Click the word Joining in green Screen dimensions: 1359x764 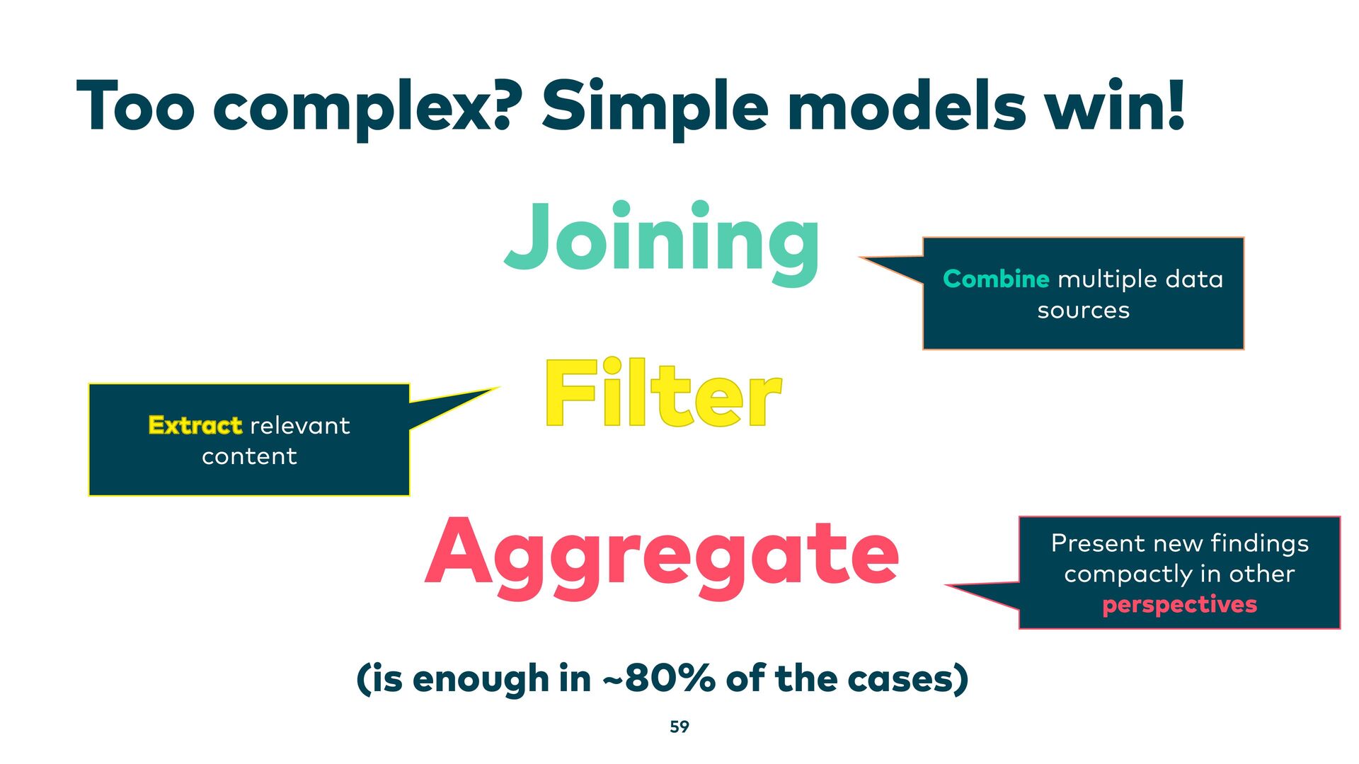coord(662,241)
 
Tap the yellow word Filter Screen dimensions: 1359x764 coord(663,394)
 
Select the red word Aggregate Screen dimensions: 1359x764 coord(662,555)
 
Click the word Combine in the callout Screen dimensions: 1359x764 coord(995,279)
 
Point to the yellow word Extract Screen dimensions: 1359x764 coord(195,425)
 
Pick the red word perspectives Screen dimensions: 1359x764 coord(1179,605)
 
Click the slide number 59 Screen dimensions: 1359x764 coord(679,727)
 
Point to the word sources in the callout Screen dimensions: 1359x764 coord(1083,311)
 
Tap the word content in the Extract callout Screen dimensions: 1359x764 coord(249,456)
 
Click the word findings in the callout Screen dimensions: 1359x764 coord(1259,543)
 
